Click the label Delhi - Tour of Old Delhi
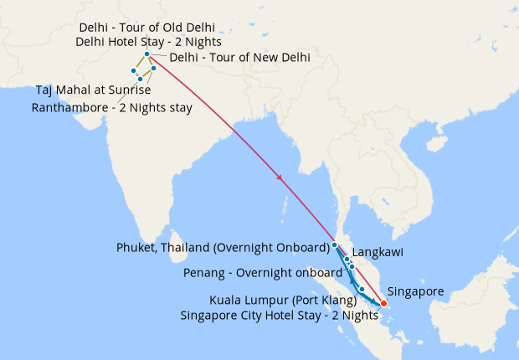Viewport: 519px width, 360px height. click(x=146, y=27)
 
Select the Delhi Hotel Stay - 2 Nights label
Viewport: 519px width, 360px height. click(x=148, y=40)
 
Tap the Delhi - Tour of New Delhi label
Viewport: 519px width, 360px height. click(x=239, y=58)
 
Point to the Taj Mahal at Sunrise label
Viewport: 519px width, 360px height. click(x=92, y=90)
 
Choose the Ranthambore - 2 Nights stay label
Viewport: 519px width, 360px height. click(x=111, y=107)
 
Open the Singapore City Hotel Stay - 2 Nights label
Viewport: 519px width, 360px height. click(x=280, y=315)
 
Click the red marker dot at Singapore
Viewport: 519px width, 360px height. click(x=383, y=303)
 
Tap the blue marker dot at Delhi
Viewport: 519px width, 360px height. click(x=146, y=54)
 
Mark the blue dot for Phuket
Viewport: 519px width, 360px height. click(x=335, y=244)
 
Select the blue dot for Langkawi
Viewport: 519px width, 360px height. click(x=347, y=260)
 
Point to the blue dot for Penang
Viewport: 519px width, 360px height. click(x=352, y=266)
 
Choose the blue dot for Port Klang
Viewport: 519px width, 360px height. click(x=362, y=290)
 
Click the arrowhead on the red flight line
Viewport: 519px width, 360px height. click(x=279, y=177)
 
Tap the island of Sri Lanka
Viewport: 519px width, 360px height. click(x=177, y=243)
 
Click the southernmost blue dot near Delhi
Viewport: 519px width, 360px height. click(x=140, y=79)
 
